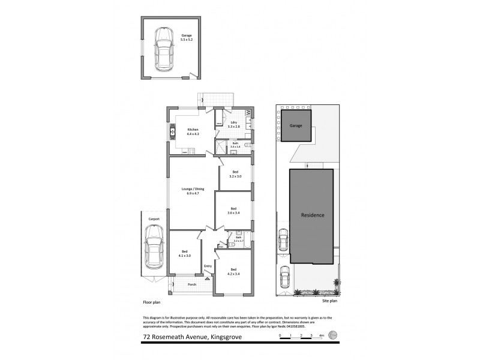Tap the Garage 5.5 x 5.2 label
[187, 37]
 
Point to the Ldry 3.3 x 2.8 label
[234, 124]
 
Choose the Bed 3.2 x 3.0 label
[235, 174]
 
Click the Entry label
[208, 266]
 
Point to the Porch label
[192, 284]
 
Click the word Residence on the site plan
[313, 215]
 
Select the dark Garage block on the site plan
[296, 126]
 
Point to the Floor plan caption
[151, 304]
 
